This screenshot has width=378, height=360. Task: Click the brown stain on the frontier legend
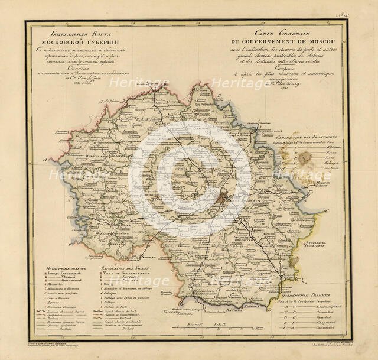tap(305, 158)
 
